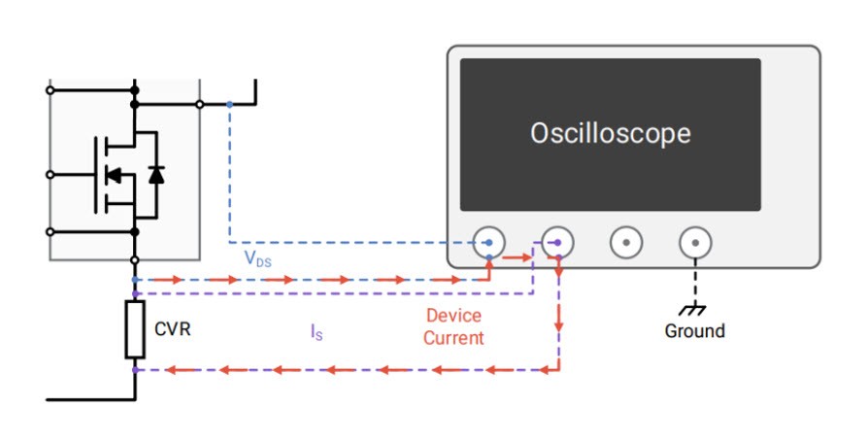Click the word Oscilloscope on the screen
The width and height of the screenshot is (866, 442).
(x=610, y=133)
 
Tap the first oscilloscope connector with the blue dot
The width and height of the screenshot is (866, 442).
(x=489, y=242)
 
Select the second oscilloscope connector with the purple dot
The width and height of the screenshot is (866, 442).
(x=556, y=242)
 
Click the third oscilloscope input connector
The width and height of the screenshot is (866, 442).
(x=626, y=242)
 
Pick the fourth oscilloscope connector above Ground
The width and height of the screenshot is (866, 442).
(x=693, y=242)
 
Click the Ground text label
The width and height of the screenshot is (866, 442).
(x=694, y=331)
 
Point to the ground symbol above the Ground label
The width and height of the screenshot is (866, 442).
(x=693, y=308)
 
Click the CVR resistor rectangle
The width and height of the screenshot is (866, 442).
(x=135, y=328)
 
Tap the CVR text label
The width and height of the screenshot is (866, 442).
(x=173, y=328)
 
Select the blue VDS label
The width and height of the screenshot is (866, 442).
(x=258, y=259)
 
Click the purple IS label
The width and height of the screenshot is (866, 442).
(x=316, y=332)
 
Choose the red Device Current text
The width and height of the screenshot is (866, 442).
(x=453, y=327)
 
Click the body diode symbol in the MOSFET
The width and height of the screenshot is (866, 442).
(x=155, y=175)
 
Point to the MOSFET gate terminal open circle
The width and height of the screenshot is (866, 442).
(x=50, y=175)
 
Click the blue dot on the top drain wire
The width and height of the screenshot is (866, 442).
(x=229, y=104)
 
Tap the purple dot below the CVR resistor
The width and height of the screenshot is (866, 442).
(x=135, y=370)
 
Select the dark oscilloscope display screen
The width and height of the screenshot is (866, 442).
(x=610, y=134)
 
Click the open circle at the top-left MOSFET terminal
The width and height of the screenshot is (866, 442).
(x=50, y=89)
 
